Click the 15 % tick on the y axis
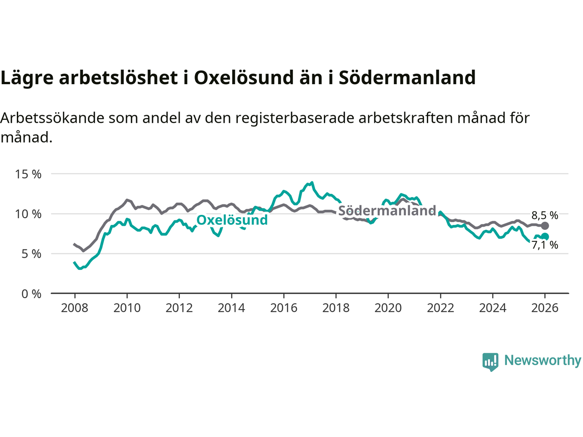[x=28, y=174]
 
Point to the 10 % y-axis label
[x=28, y=214]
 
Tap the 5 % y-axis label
[x=31, y=254]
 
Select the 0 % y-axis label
[x=31, y=294]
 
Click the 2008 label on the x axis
[x=75, y=308]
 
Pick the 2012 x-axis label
[x=179, y=308]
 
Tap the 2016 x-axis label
[x=284, y=308]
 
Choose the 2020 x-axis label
[x=388, y=308]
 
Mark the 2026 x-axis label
[x=545, y=308]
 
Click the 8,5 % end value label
[x=545, y=215]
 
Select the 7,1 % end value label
[x=545, y=245]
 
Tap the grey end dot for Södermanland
[x=545, y=226]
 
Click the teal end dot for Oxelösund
[x=545, y=237]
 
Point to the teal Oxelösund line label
[x=232, y=220]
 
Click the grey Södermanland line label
[x=387, y=211]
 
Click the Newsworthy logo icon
[x=491, y=361]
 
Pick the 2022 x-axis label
[x=440, y=308]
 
